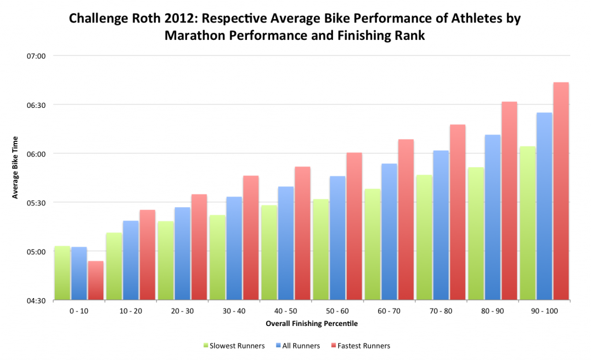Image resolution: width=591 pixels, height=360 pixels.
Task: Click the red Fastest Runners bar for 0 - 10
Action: pos(96,281)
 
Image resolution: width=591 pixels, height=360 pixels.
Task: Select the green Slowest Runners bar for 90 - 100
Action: pos(528,223)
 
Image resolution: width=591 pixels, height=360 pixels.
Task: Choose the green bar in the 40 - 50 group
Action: pos(269,253)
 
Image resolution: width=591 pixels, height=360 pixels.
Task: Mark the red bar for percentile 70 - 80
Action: pos(458,212)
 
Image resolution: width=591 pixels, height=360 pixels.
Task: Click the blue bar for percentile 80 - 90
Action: pos(493,217)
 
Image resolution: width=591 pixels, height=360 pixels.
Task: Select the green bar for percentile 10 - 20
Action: pos(114,267)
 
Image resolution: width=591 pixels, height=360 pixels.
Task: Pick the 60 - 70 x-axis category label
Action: pos(389,310)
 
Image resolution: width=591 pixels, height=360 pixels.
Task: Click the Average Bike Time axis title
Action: pos(16,167)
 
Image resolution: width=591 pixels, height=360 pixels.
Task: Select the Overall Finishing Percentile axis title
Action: pos(312,324)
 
